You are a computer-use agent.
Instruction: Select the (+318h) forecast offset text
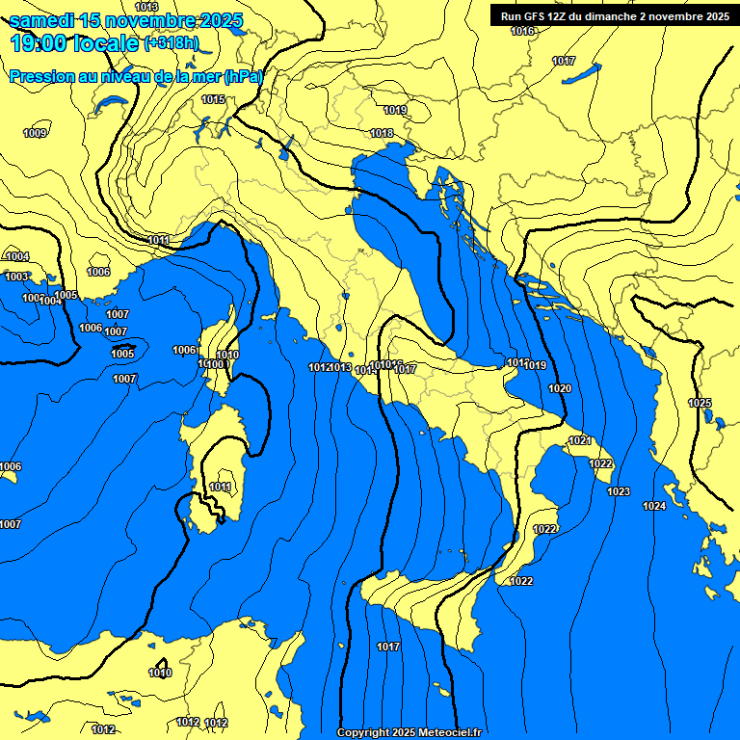[172, 43]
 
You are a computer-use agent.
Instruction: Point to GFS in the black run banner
[534, 15]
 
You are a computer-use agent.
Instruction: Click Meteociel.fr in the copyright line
[445, 732]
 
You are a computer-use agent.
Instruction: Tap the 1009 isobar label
[35, 133]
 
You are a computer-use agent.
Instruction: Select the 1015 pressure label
[213, 99]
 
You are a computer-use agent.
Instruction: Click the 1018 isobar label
[382, 133]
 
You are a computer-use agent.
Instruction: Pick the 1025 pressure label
[700, 403]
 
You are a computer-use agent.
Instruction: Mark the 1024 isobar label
[654, 506]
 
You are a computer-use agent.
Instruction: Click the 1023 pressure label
[619, 491]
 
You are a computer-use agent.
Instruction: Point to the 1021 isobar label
[579, 440]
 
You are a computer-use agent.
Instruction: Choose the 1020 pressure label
[559, 388]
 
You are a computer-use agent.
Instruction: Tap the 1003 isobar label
[16, 277]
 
